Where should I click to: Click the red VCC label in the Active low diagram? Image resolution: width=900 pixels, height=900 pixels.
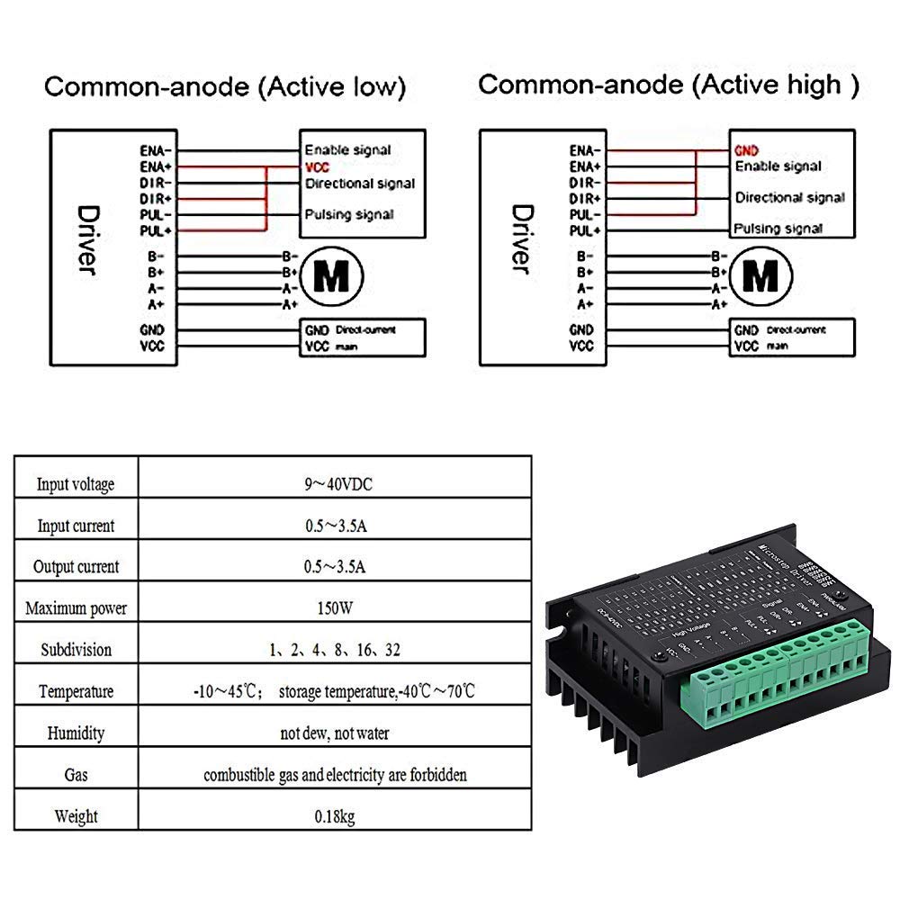tap(317, 167)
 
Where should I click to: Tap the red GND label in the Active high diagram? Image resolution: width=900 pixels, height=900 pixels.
tap(747, 150)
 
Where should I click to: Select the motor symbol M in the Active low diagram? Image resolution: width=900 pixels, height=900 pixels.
tap(330, 279)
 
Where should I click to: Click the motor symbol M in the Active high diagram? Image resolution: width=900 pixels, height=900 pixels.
tap(762, 279)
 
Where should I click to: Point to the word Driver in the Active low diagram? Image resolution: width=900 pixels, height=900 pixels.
tap(87, 240)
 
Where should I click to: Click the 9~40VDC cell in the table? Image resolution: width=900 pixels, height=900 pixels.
tap(337, 484)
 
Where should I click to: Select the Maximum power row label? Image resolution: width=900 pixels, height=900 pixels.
tap(76, 608)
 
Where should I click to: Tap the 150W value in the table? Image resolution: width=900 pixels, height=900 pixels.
tap(335, 608)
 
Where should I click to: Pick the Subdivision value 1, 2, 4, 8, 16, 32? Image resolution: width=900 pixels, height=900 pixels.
tap(335, 650)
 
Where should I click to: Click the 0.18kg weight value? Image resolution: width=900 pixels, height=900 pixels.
tap(335, 817)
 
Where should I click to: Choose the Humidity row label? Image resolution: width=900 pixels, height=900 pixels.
tap(76, 733)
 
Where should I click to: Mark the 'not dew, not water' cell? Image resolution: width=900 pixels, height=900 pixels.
tap(335, 733)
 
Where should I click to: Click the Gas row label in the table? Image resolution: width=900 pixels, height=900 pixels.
tap(76, 775)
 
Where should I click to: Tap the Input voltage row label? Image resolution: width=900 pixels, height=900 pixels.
tap(76, 484)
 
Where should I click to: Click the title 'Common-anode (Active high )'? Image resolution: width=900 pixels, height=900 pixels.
tap(669, 85)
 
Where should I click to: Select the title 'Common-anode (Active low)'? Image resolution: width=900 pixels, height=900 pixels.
tap(225, 87)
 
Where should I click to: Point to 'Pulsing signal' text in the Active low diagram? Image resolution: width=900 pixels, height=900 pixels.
tap(349, 215)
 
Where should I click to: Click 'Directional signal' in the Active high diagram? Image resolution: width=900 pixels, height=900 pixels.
tap(789, 198)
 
